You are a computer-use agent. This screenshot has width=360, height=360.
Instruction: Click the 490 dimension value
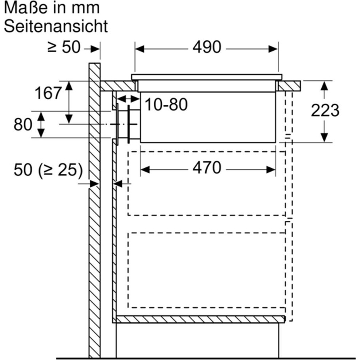207,47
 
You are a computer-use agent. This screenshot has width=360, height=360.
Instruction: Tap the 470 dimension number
207,168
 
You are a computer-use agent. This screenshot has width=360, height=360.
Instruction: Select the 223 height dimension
325,110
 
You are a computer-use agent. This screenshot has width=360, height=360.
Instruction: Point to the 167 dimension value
48,93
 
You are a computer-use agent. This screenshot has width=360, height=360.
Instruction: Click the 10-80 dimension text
166,104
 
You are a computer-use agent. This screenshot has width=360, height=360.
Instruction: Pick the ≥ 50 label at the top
64,47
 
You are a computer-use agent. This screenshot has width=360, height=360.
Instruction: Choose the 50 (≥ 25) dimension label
48,170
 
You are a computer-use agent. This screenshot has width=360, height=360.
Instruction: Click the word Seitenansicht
56,27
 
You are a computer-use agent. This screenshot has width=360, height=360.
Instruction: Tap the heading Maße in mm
52,8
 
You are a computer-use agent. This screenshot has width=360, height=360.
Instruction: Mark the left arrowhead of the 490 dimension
140,49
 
